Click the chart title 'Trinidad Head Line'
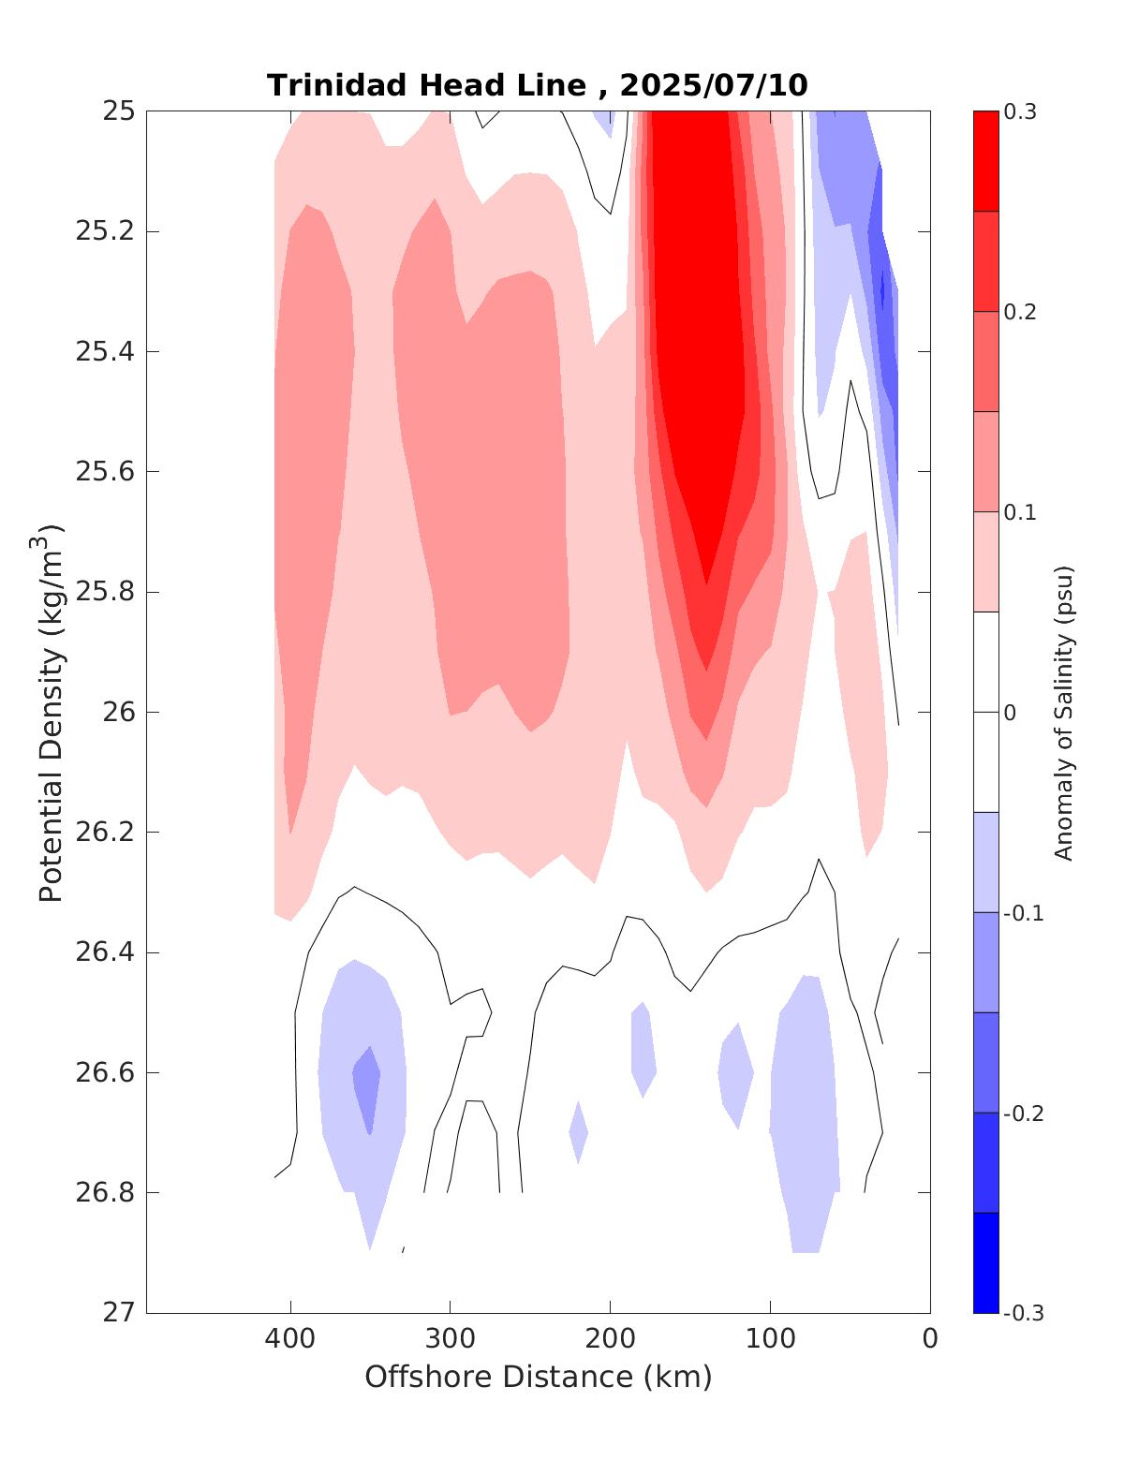tap(427, 85)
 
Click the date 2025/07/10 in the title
tap(713, 85)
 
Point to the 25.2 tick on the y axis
tap(104, 231)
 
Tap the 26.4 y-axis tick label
tap(104, 952)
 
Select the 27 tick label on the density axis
tap(119, 1313)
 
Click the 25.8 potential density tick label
tap(104, 592)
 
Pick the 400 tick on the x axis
tap(290, 1338)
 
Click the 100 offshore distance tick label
tap(770, 1338)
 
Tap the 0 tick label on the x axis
tap(930, 1338)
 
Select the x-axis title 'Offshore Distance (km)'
tap(538, 1377)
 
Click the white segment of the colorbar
tap(985, 712)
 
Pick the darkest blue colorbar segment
tap(985, 1262)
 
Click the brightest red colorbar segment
tap(985, 161)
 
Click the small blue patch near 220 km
tap(578, 1132)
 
